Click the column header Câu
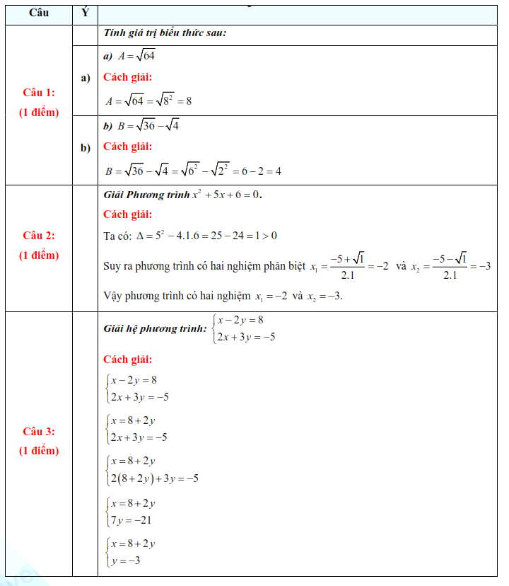click(39, 13)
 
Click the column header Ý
click(85, 13)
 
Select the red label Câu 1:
click(39, 93)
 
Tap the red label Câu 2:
click(39, 236)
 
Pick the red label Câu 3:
click(39, 431)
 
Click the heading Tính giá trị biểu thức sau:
click(165, 33)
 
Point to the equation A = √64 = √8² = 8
click(148, 100)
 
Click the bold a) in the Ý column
click(86, 78)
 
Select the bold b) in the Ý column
click(86, 147)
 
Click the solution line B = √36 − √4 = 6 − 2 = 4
click(193, 171)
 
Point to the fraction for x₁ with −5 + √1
click(347, 266)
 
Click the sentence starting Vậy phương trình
click(223, 296)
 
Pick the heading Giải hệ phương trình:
click(155, 328)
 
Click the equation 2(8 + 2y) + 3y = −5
click(154, 478)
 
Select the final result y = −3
click(125, 561)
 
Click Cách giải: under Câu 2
click(127, 214)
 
